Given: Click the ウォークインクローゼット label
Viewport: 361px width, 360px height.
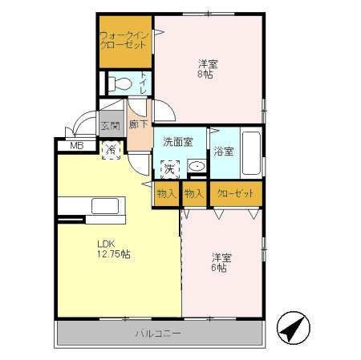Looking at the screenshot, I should click(x=124, y=40).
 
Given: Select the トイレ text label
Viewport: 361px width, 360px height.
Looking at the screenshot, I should click(x=143, y=83).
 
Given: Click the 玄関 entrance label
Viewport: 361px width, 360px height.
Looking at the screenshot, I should click(x=110, y=125).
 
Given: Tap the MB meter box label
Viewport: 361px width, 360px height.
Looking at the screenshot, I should click(x=77, y=145).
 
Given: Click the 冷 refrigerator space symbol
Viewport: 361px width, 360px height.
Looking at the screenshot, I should click(x=111, y=149).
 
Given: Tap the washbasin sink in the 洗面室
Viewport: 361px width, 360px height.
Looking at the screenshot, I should click(x=196, y=167).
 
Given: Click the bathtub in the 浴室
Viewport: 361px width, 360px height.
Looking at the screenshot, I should click(x=249, y=152).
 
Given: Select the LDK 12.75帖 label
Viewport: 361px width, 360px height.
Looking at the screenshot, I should click(x=114, y=249).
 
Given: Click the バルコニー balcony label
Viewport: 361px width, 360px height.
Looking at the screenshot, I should click(x=159, y=333).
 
